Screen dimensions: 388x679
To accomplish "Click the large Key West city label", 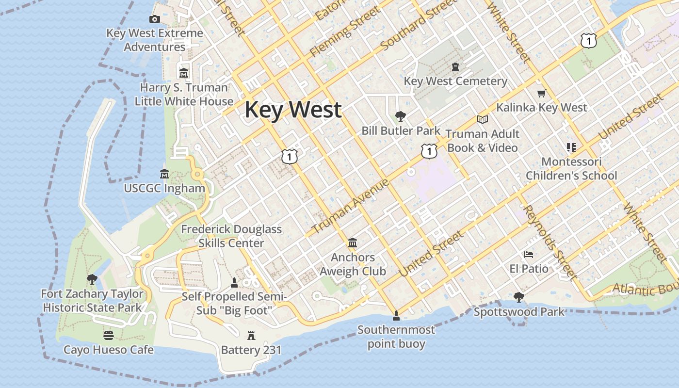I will point(293,110).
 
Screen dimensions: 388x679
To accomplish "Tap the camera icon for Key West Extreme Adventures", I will point(155,19).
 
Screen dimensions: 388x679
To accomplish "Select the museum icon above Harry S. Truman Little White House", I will point(183,73).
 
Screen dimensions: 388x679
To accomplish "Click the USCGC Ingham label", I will point(164,188).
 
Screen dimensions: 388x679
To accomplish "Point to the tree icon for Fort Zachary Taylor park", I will point(92,279).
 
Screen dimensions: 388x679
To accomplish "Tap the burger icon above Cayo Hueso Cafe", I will point(108,335).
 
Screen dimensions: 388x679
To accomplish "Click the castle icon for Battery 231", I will point(251,335).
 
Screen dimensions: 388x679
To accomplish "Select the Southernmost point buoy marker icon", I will point(396,316).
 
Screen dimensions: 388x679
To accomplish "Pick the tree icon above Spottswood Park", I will point(518,297).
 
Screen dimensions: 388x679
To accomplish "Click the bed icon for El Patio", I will point(529,254).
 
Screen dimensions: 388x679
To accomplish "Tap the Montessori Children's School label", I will point(571,168).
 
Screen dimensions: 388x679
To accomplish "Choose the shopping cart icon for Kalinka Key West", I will point(541,93).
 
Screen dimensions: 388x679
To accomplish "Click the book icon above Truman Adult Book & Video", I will point(482,119).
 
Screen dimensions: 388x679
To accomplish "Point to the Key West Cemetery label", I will point(455,81).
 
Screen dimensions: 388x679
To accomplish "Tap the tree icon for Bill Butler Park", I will point(400,116).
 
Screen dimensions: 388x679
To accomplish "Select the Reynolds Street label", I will point(551,242).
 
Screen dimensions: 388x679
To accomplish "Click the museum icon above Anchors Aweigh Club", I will point(353,242).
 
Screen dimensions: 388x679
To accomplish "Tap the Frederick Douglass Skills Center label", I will point(231,236).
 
